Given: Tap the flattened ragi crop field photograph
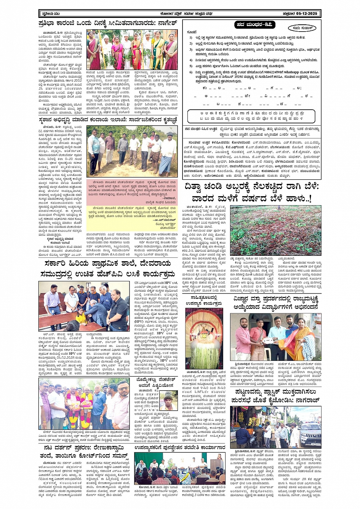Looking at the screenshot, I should pos(275,231).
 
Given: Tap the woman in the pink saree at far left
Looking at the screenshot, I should pos(93,50).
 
